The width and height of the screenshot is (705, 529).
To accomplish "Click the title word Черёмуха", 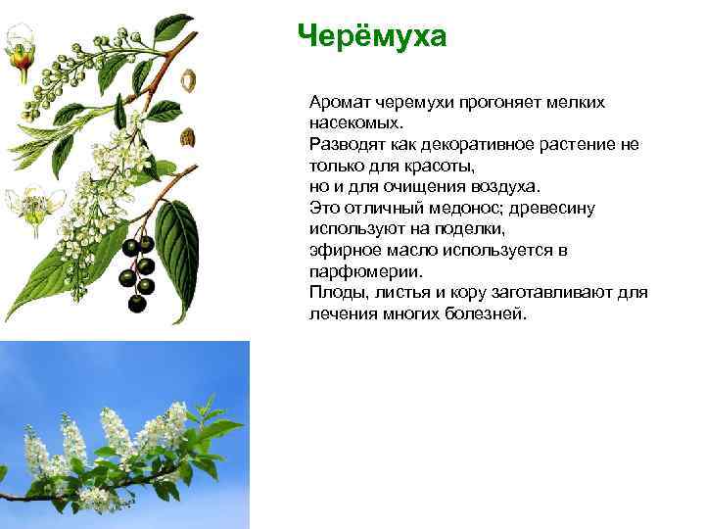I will (x=372, y=36).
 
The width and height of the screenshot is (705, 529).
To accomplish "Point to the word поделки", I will (x=467, y=228).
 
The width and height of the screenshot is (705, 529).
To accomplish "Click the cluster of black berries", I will (x=140, y=270).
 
